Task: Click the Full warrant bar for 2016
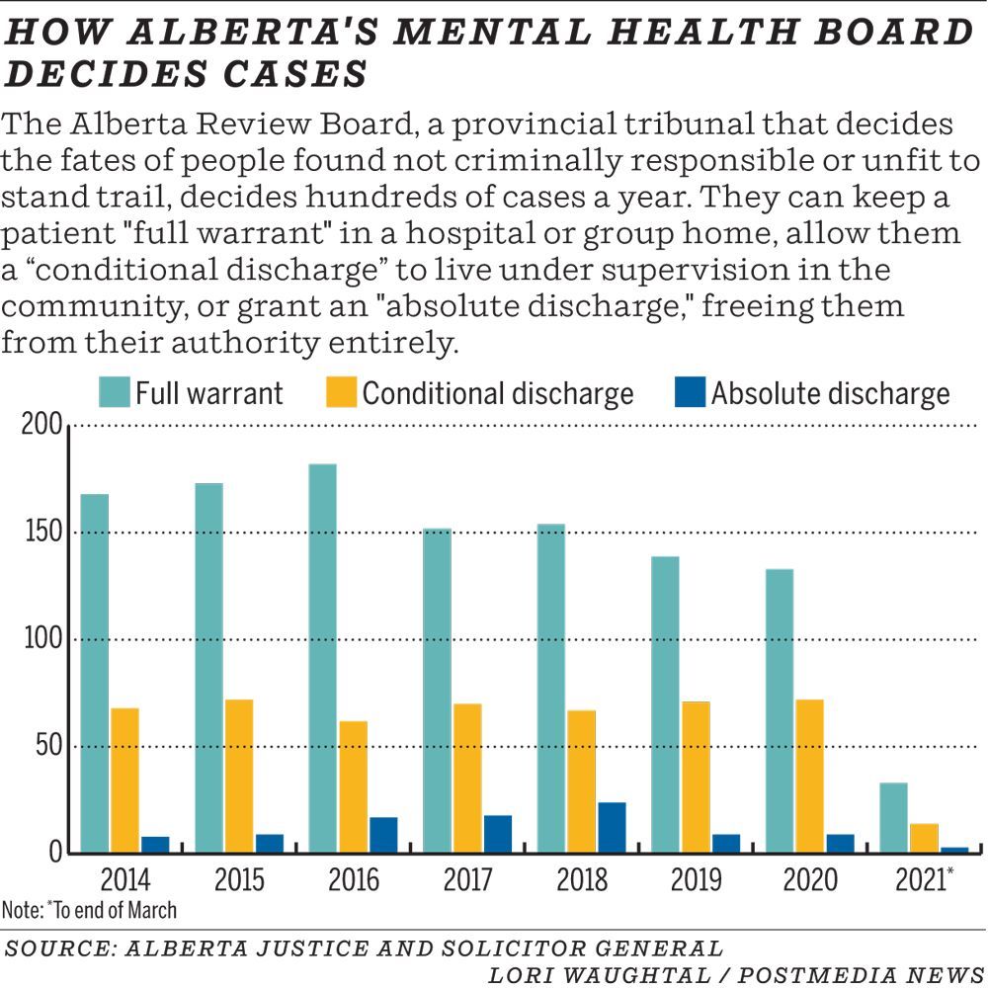point(322,658)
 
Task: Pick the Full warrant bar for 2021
point(893,817)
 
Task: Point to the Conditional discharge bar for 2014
point(124,780)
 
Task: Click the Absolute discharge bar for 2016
point(383,834)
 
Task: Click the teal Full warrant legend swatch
point(114,393)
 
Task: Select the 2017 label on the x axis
point(467,879)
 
